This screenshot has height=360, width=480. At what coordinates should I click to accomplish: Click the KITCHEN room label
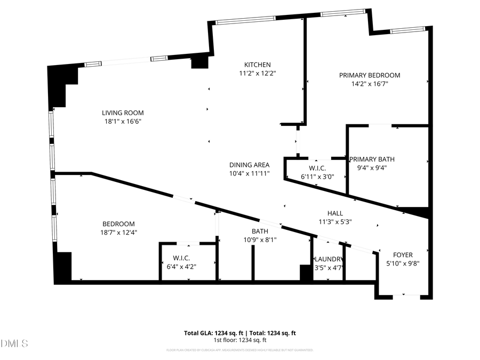[258, 65]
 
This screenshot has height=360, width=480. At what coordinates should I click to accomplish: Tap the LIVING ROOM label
[123, 113]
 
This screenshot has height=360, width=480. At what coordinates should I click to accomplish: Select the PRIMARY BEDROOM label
[370, 75]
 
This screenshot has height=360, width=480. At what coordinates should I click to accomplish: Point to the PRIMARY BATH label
[372, 159]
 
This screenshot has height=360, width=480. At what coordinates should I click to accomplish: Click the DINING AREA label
[249, 165]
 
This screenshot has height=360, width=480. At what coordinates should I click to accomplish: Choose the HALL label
[335, 213]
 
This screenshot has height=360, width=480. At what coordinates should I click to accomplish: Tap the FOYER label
[403, 255]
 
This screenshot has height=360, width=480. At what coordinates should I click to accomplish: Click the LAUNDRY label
[328, 260]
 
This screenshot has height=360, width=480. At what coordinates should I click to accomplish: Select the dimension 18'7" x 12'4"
[118, 233]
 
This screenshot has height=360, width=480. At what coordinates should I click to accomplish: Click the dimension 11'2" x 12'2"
[258, 73]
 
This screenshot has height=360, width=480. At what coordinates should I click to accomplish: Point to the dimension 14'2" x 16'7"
[370, 84]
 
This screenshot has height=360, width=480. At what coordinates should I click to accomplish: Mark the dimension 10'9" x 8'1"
[260, 240]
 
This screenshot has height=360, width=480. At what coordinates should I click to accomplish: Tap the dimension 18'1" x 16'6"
[123, 121]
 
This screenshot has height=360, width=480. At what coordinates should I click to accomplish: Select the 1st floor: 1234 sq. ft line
[240, 340]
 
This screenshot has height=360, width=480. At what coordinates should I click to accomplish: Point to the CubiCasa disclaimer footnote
[240, 350]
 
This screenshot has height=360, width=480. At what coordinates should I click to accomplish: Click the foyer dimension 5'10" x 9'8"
[403, 263]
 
